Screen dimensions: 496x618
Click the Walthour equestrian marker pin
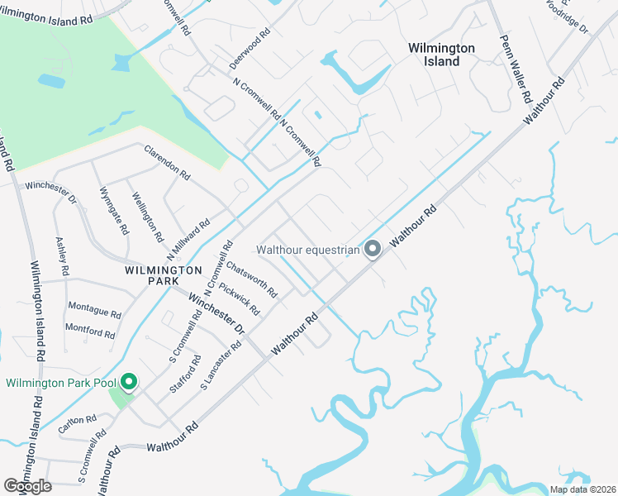tap(373, 248)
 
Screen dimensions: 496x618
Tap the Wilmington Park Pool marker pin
tap(129, 382)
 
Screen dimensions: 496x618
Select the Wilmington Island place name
tap(442, 55)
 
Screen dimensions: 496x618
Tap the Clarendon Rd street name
tap(167, 164)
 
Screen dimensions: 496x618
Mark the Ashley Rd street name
tap(60, 256)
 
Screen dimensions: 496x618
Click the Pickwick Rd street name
tap(240, 299)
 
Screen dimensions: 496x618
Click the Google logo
tap(27, 486)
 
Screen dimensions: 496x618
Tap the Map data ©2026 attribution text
tap(582, 489)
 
